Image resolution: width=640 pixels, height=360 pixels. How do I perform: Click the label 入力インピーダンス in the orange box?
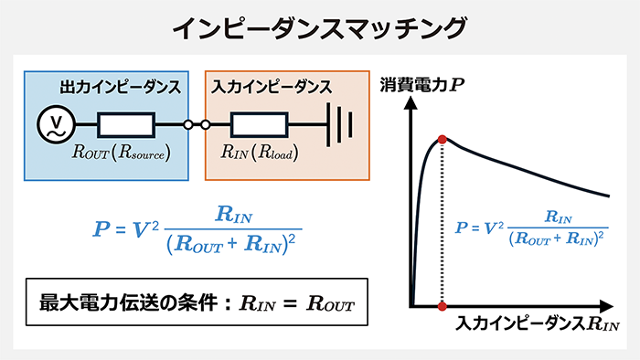tap(271, 88)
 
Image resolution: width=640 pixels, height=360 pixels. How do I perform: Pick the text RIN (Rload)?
tap(261, 153)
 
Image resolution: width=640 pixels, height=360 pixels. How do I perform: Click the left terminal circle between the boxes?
tap(189, 125)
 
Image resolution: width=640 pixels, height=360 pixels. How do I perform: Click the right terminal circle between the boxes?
tap(206, 125)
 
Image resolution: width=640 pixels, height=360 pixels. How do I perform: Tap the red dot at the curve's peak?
tap(443, 139)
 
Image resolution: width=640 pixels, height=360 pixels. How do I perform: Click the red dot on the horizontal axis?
tap(443, 305)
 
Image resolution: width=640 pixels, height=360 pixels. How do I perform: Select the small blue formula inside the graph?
tap(530, 228)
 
